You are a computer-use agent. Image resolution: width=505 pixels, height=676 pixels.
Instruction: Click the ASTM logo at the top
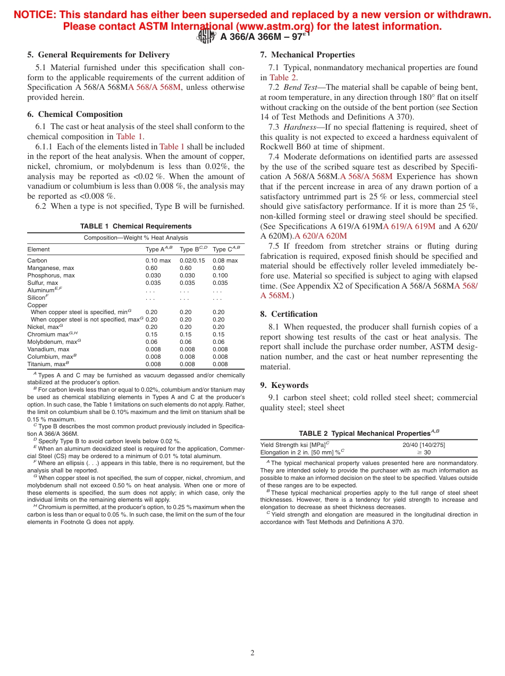(206, 37)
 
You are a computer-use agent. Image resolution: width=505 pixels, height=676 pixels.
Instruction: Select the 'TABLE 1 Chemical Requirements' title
(136, 226)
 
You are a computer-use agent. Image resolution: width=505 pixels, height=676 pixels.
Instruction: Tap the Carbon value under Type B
(192, 260)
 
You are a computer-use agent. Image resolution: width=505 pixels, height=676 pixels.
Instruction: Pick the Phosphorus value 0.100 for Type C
(220, 275)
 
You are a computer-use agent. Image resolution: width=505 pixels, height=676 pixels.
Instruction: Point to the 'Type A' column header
(158, 249)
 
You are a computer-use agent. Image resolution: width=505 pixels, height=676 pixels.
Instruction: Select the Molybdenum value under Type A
(151, 342)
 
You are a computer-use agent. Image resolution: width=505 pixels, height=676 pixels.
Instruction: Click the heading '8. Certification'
(289, 314)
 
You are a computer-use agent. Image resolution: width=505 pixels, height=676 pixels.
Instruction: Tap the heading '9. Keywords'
(284, 385)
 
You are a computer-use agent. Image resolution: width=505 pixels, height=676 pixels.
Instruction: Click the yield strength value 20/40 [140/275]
(424, 445)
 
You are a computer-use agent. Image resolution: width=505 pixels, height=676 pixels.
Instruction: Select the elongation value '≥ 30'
(424, 452)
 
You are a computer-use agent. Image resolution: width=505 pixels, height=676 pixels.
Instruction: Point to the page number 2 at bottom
(252, 653)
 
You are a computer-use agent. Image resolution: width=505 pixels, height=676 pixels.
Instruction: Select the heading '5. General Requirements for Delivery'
(98, 55)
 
